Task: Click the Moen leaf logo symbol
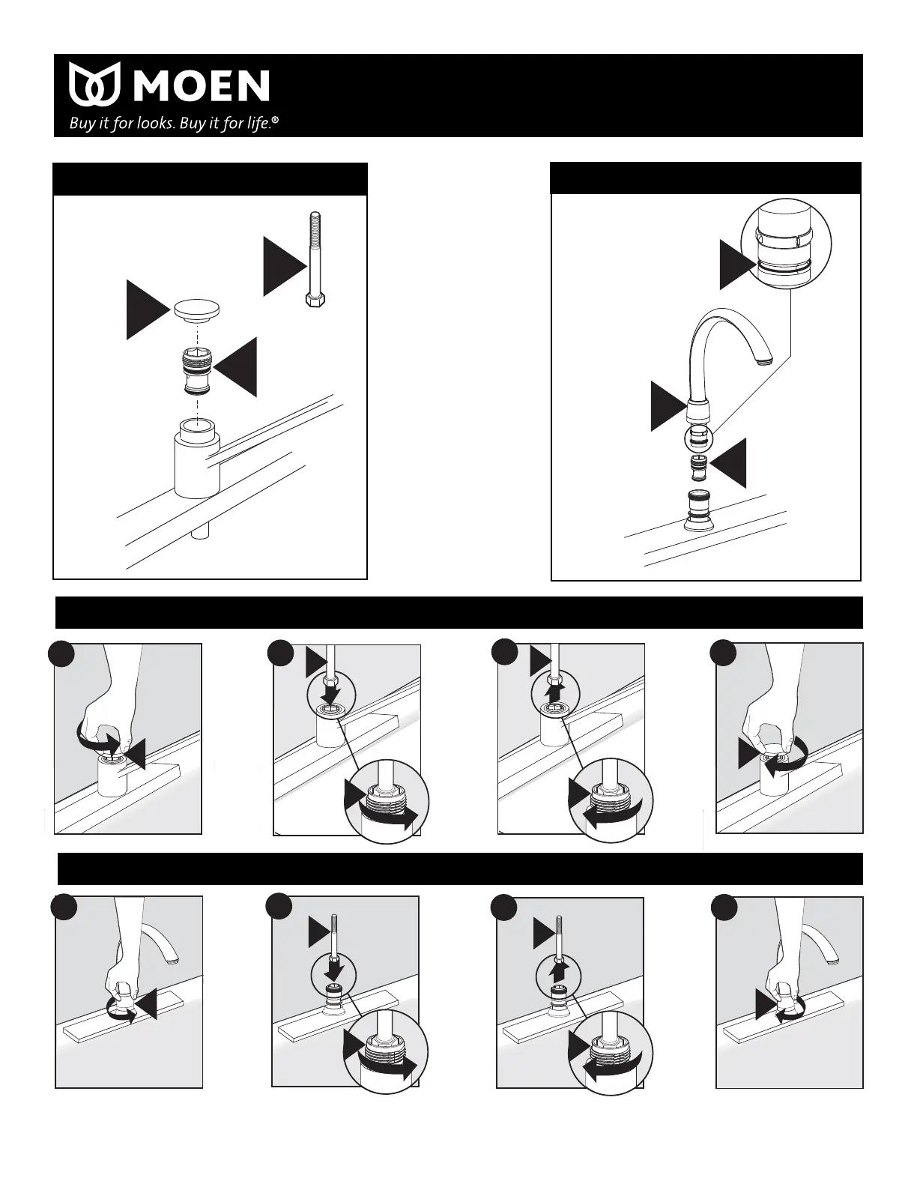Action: [95, 85]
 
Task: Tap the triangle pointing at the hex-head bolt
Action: [284, 266]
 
